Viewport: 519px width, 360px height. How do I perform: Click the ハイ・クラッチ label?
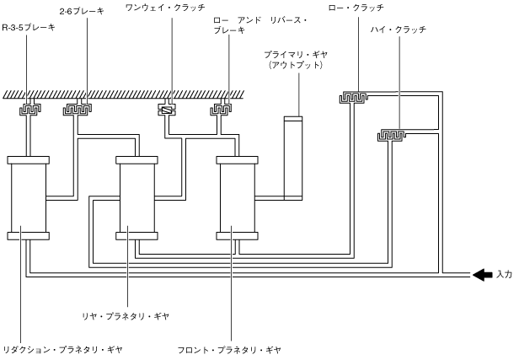(398, 30)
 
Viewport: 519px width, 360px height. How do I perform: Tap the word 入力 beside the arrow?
(504, 274)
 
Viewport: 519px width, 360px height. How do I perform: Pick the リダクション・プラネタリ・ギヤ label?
(64, 348)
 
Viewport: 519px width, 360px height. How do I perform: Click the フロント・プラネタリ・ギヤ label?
(229, 348)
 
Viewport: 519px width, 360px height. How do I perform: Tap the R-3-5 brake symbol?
(31, 109)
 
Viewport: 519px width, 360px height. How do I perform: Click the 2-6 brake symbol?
(78, 109)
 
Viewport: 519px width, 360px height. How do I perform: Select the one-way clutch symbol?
(168, 109)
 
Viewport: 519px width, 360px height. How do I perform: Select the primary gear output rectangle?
(292, 159)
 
